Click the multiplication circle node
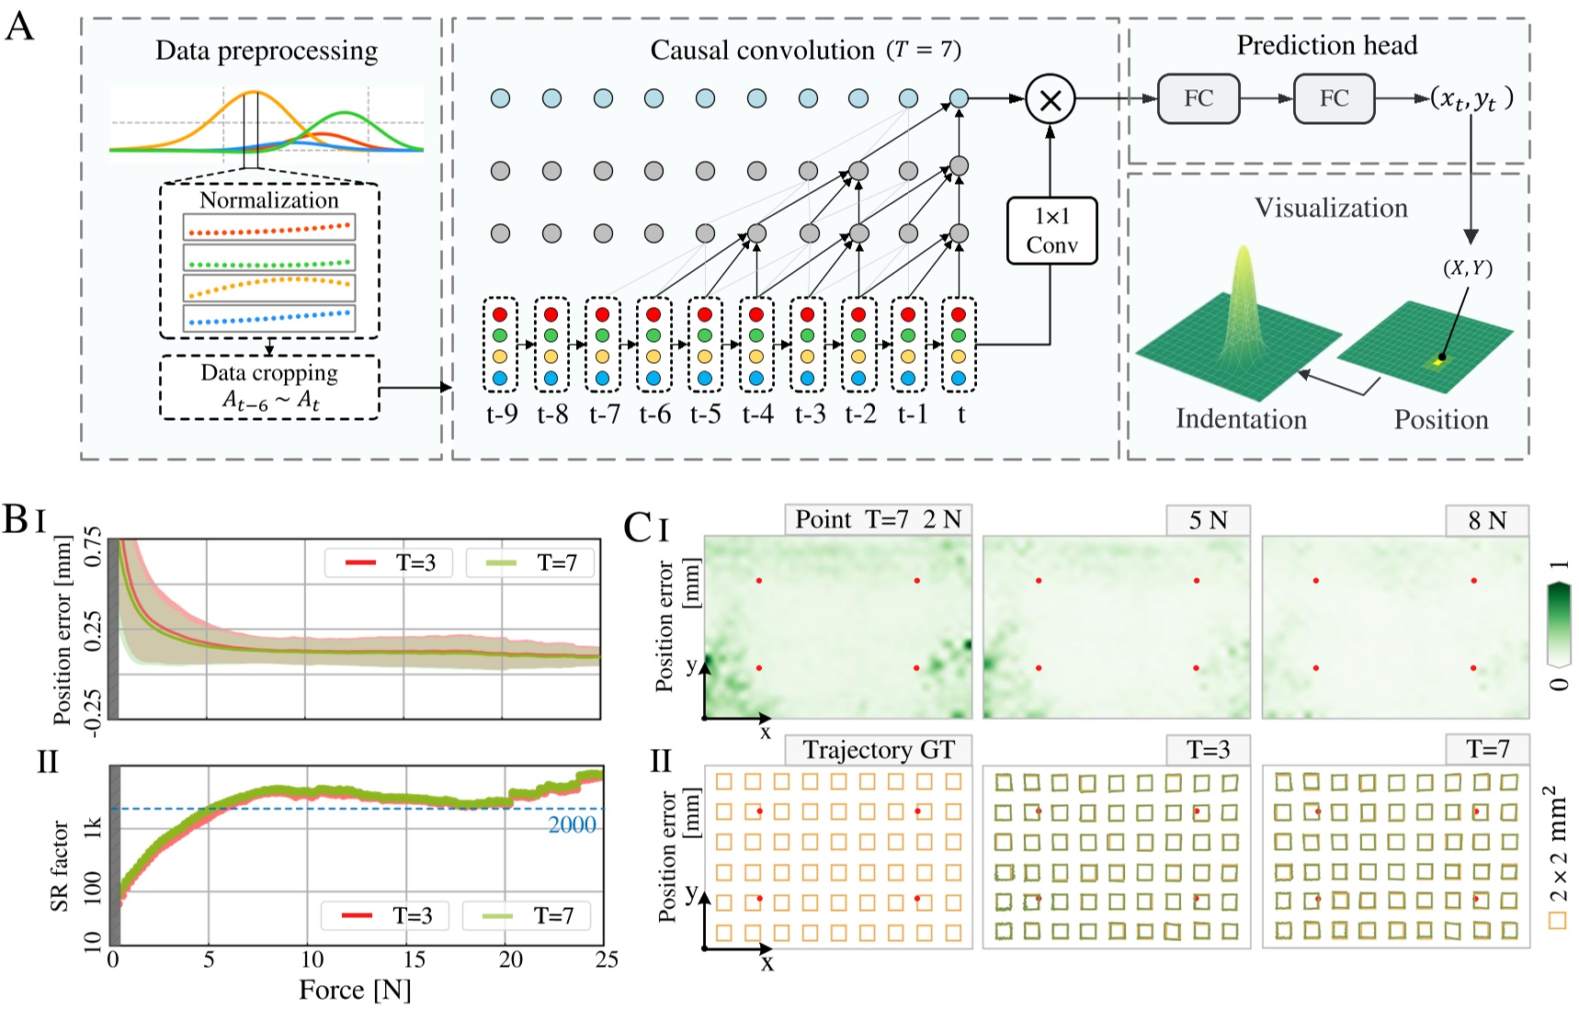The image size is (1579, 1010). coord(1051,99)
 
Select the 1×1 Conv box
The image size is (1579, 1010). coord(1051,231)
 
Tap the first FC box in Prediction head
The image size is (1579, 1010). coord(1198,99)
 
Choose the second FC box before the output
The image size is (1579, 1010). coord(1334,99)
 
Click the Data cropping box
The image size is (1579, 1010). coord(269,387)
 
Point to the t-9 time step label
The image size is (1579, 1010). coord(502,414)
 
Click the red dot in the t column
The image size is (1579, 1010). coord(959,315)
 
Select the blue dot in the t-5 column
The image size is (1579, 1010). coord(705,378)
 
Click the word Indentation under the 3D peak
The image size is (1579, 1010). coord(1241,419)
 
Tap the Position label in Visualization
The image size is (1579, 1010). coord(1440,419)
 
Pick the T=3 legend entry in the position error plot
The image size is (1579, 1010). coord(389,562)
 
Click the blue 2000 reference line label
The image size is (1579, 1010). coord(572,824)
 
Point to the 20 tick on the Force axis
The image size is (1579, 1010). coord(510,959)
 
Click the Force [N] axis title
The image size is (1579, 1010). coord(355,990)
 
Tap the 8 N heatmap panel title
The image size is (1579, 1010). coord(1487,520)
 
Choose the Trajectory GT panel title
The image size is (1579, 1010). coord(878,750)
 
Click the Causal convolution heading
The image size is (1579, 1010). coord(762,50)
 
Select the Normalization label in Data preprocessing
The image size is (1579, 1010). coord(269,199)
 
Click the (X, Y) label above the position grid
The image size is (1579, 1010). coord(1467,267)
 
